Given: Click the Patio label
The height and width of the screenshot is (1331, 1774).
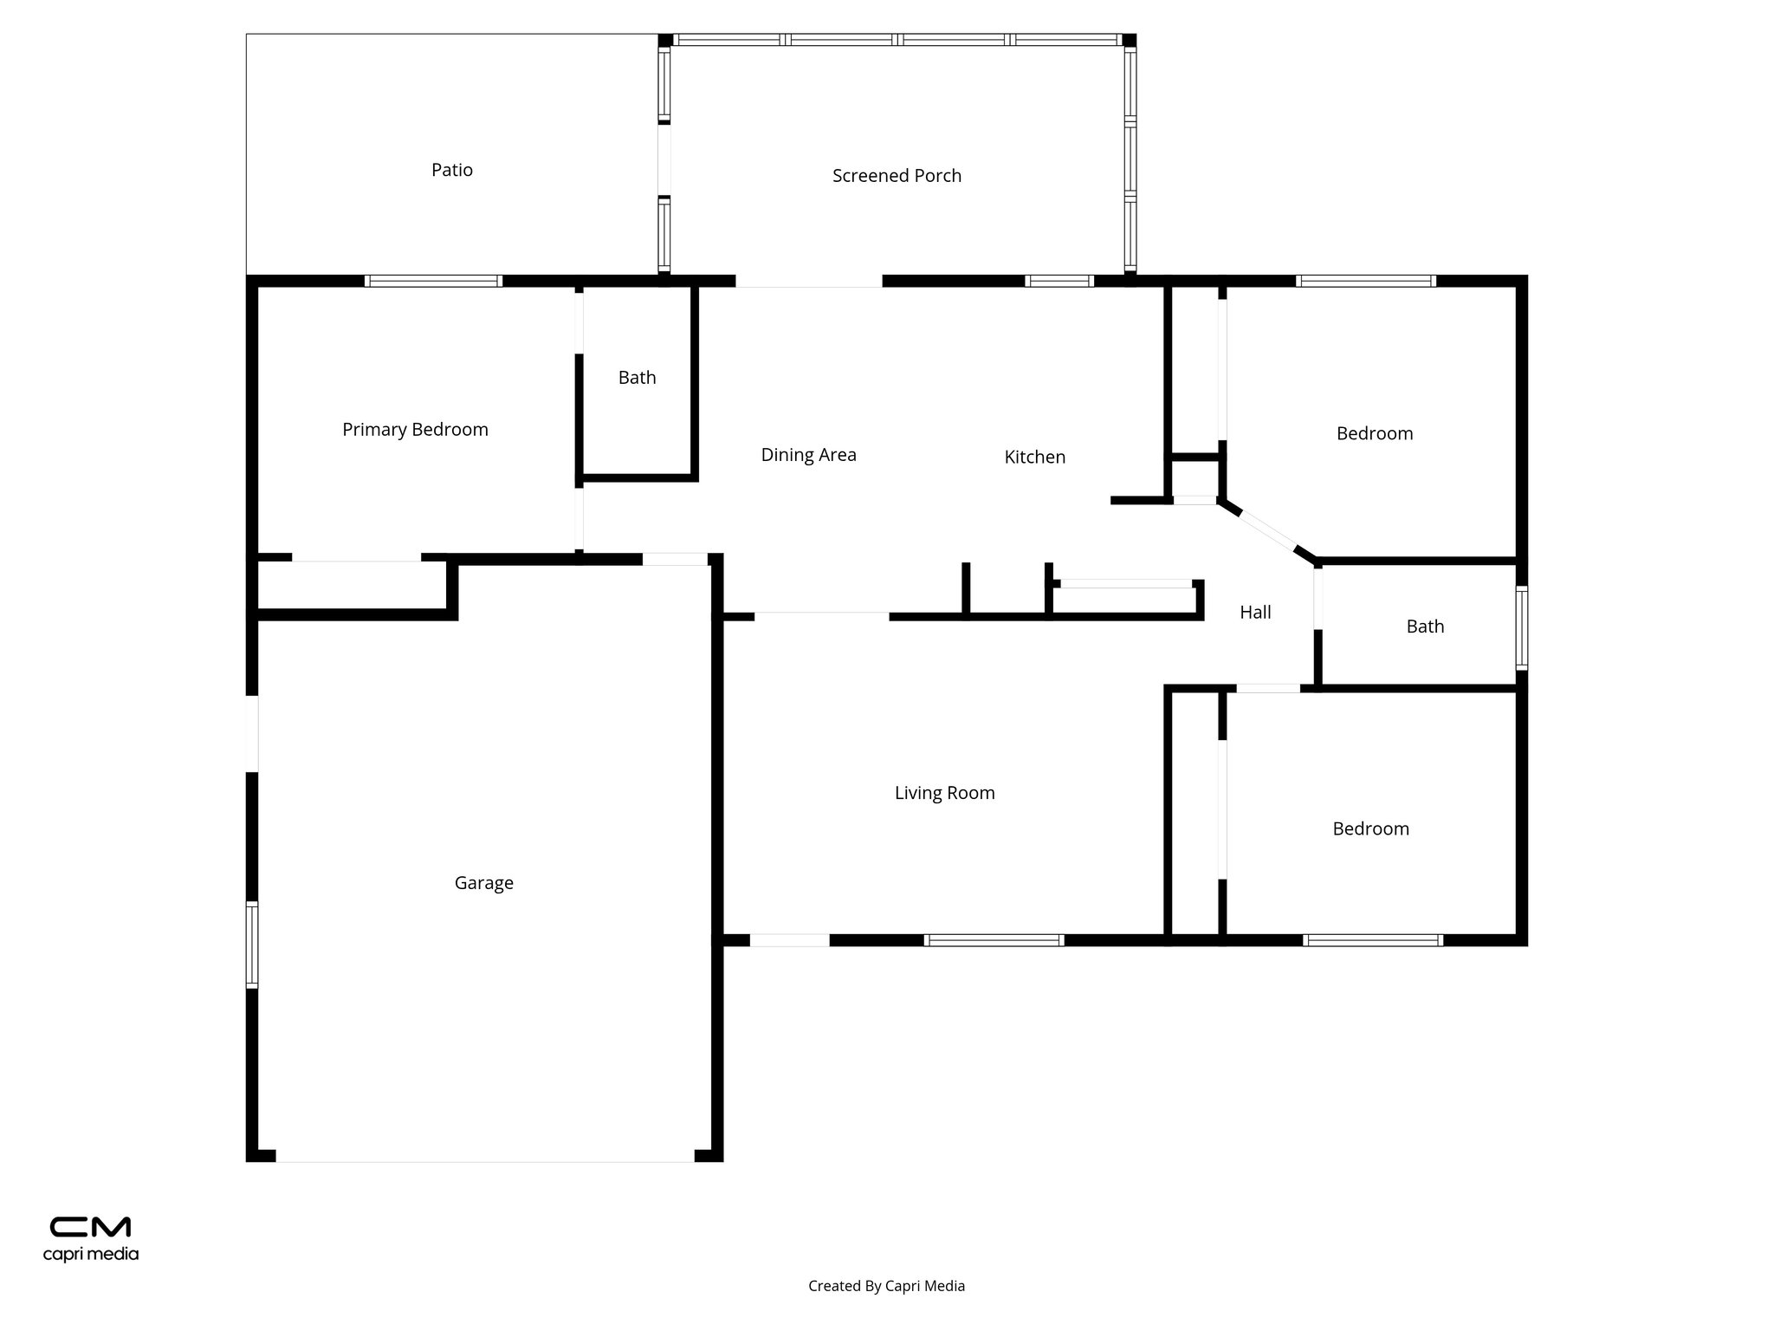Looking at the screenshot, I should click(x=452, y=170).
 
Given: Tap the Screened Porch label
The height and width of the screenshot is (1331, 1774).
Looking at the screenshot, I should click(x=897, y=176).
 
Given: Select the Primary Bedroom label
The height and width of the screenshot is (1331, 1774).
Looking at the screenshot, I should click(x=415, y=430).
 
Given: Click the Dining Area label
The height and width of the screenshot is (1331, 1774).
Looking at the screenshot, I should click(x=808, y=455).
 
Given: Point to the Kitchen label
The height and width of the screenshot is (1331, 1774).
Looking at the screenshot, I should click(x=1034, y=457).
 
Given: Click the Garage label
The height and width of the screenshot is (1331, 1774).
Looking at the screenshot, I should click(x=483, y=883).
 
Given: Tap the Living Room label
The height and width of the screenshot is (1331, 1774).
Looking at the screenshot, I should click(x=944, y=793).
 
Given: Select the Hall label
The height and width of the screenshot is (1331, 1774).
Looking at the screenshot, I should click(x=1255, y=613).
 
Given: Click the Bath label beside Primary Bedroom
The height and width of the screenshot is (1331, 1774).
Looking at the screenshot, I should click(x=637, y=378).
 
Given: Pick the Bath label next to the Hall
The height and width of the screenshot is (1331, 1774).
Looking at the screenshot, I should click(x=1425, y=627).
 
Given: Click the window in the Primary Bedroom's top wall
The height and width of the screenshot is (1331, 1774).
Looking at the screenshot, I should click(x=433, y=281).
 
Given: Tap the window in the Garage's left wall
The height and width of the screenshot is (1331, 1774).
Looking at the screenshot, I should click(x=252, y=945).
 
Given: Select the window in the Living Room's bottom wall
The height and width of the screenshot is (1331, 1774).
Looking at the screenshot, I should click(x=994, y=940).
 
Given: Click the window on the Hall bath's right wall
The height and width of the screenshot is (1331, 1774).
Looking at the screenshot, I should click(x=1521, y=627).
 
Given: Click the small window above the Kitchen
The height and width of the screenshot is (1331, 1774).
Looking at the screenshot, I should click(x=1059, y=281).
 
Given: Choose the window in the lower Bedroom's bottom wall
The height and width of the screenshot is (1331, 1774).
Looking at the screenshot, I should click(x=1373, y=940).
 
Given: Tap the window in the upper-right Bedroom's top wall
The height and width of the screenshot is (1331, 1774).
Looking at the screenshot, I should click(x=1366, y=281).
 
